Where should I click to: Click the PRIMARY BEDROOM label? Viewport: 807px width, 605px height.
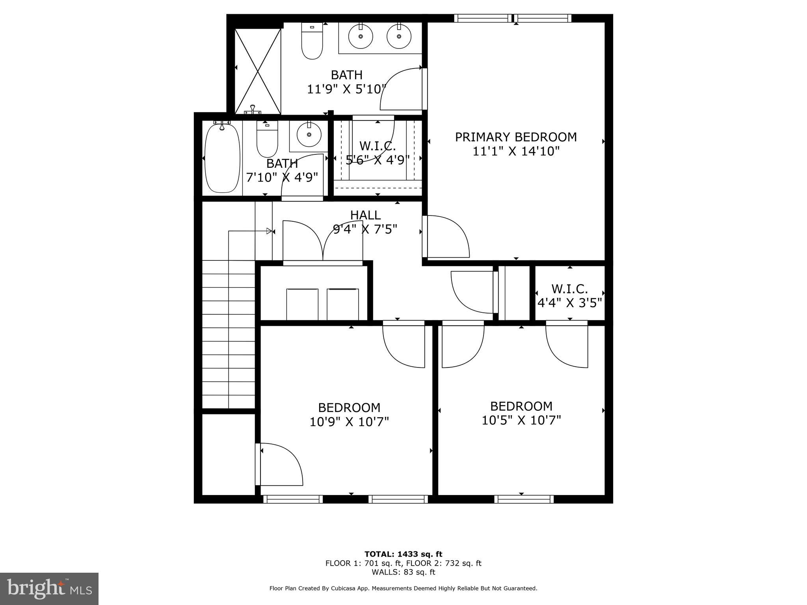(x=516, y=137)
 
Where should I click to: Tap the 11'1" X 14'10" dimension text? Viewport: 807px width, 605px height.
(x=516, y=151)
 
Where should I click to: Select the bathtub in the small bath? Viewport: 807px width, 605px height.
(x=222, y=158)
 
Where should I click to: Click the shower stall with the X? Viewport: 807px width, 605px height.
(x=258, y=71)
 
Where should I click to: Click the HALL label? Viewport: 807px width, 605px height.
(x=365, y=215)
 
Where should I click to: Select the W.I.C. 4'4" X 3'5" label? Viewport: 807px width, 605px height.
(x=569, y=296)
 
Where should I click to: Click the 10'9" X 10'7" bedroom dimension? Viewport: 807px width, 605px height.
(x=349, y=422)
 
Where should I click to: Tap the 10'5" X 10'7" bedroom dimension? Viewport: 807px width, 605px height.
(x=521, y=420)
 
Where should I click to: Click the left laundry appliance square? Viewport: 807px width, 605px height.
(x=302, y=304)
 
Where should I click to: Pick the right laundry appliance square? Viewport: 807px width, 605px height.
(x=342, y=304)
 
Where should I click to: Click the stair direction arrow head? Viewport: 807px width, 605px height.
(x=270, y=231)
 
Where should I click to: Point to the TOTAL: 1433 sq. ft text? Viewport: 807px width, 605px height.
(x=403, y=554)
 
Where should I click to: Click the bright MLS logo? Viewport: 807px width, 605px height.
(x=49, y=588)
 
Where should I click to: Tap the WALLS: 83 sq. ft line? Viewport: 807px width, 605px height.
(x=403, y=572)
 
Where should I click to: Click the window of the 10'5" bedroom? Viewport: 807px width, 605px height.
(x=524, y=499)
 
